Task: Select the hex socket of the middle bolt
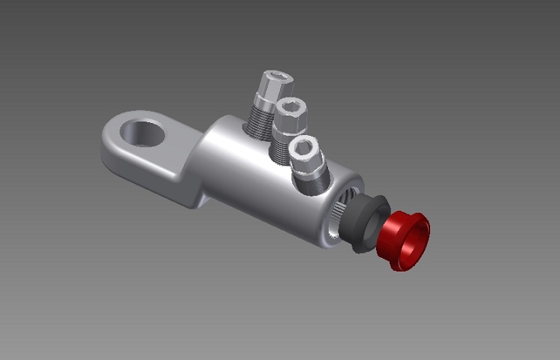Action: tap(288, 108)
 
